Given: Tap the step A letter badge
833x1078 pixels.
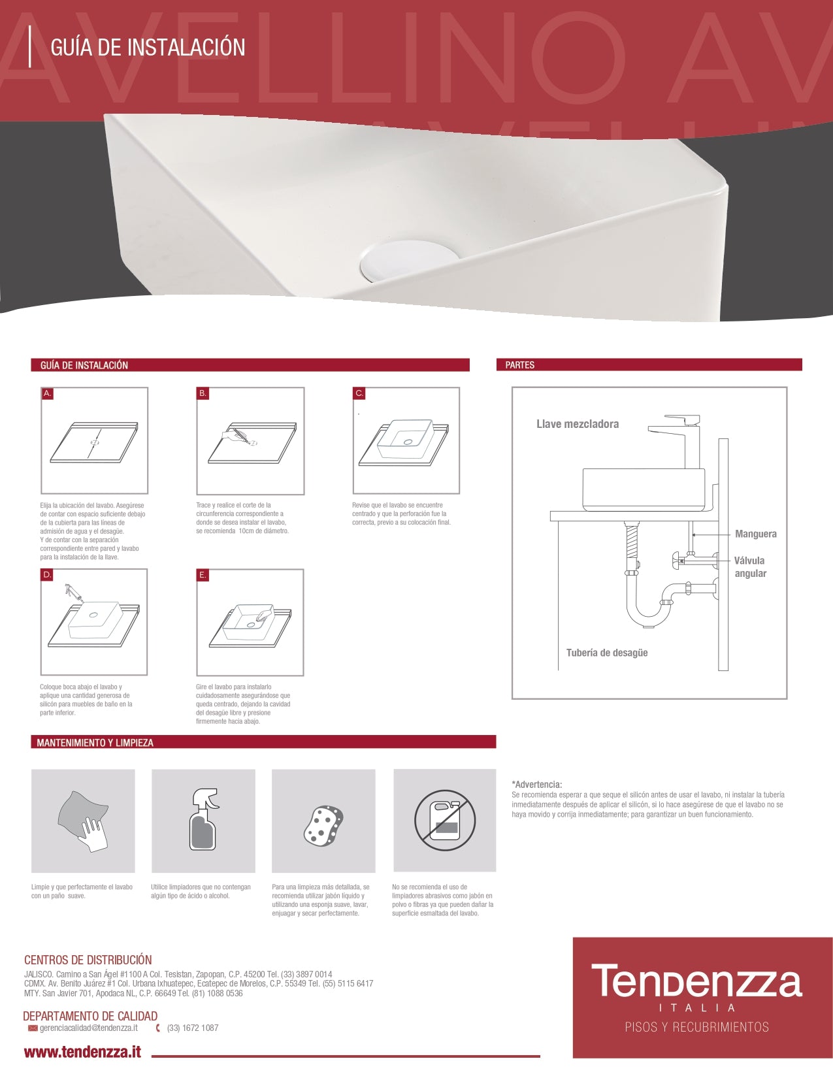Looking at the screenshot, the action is tap(47, 393).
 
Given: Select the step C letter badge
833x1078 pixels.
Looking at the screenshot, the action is tap(359, 393).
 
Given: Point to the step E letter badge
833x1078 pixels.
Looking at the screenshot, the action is tap(203, 576).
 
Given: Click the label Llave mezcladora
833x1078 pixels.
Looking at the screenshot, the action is tap(578, 424).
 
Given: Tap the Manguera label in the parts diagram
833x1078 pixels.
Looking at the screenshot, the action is tap(756, 534).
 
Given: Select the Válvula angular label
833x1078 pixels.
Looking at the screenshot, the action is tap(750, 566).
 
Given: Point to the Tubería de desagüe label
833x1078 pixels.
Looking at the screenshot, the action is tap(607, 653).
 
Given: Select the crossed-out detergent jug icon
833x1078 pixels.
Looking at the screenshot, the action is tap(445, 821).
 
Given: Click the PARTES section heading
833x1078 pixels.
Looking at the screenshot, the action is tap(520, 365).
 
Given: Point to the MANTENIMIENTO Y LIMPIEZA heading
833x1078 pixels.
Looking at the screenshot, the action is tap(95, 743).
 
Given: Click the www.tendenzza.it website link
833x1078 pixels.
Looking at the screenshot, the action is tap(82, 1052).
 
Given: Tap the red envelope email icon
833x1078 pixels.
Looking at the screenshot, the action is tap(33, 1028).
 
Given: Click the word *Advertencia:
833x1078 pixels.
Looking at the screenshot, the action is tap(537, 784).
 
